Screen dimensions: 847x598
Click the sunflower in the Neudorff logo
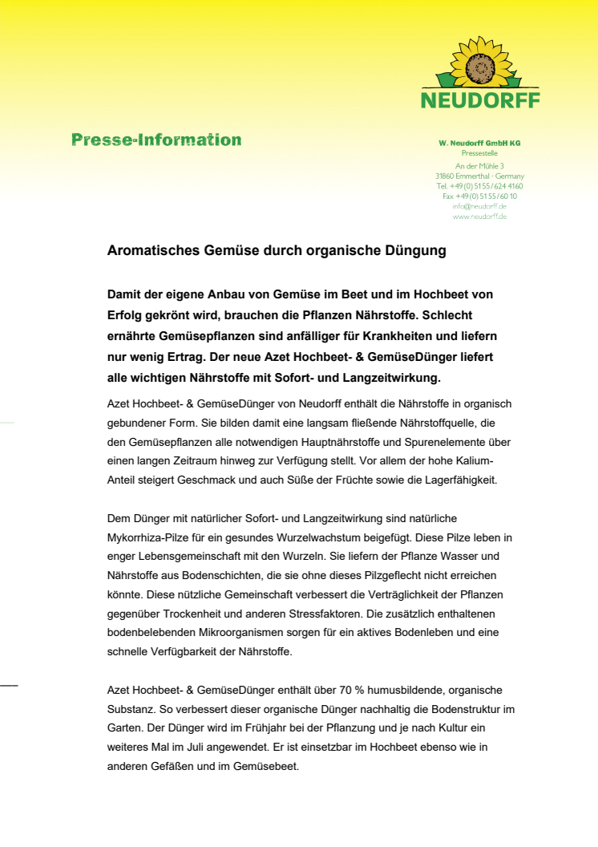480,63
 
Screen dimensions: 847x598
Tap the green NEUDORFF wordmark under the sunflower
480,100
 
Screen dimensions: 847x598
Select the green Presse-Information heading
156,140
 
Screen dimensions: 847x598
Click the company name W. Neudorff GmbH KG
479,143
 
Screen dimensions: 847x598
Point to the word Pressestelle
479,152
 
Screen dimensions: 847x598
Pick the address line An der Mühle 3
479,166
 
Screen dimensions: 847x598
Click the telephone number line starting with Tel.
479,186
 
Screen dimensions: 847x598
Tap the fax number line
479,196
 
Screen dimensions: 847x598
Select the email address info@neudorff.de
479,206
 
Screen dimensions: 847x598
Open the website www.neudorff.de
479,217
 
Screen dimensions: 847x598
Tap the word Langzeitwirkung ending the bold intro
389,377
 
